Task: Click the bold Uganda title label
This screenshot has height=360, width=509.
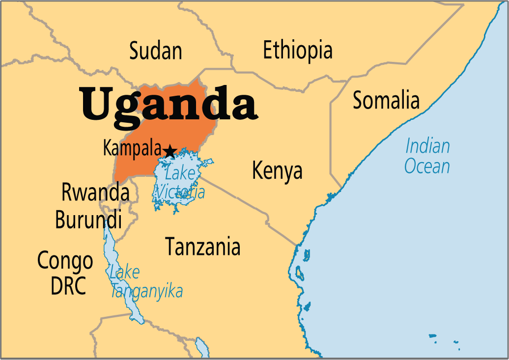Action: [x=169, y=104]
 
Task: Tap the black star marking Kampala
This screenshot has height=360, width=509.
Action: [x=170, y=151]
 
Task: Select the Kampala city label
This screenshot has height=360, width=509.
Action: [x=132, y=148]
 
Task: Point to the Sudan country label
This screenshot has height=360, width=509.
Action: [x=156, y=51]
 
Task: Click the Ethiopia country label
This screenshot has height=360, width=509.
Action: [x=298, y=50]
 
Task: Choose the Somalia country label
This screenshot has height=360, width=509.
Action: [x=386, y=101]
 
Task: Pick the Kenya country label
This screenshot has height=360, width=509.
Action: [x=277, y=171]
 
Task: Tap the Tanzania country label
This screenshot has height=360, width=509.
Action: [x=203, y=247]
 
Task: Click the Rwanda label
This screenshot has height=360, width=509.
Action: [x=95, y=193]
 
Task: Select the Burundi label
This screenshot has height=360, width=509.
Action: [x=88, y=220]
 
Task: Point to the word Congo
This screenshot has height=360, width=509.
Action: [x=65, y=261]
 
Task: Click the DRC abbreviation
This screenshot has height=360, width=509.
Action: [x=68, y=286]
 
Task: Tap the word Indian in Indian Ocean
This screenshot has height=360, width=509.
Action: [x=427, y=146]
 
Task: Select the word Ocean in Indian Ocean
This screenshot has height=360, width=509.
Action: [x=427, y=166]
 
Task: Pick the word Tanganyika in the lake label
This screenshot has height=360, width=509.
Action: [x=146, y=291]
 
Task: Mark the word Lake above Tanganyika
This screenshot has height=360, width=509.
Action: [x=125, y=272]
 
